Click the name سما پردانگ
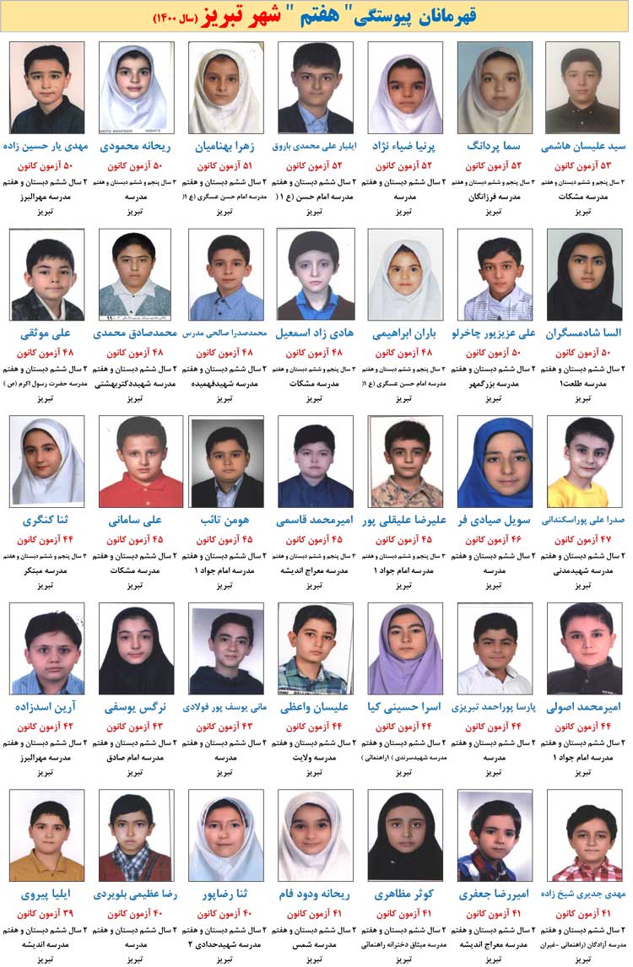[495, 145]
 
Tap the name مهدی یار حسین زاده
[46, 145]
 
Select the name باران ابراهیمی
[405, 332]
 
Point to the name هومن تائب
[226, 520]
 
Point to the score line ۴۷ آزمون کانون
[584, 539]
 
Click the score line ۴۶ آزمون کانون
[495, 539]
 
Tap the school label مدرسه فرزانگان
[495, 196]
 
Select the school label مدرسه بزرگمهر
[495, 383]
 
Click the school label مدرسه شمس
[316, 946]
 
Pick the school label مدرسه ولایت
[316, 759]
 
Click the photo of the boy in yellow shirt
[584, 461]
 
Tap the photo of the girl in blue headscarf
[495, 461]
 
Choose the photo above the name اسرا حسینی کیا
[405, 648]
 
